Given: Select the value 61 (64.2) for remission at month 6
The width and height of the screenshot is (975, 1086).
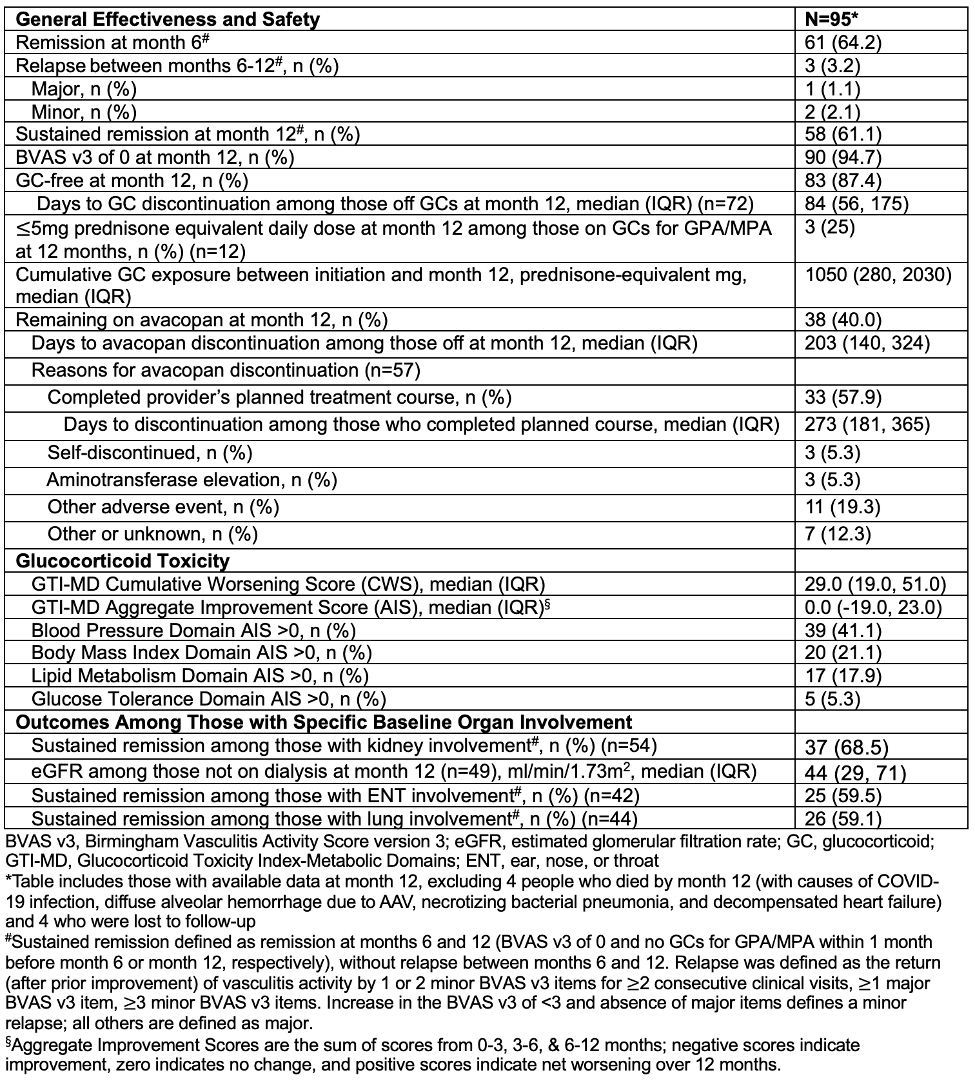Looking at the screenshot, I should (x=843, y=43).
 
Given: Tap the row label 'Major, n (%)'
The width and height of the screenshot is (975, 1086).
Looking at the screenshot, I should (x=84, y=89).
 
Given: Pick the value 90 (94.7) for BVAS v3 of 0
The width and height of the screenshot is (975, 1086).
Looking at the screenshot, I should (x=843, y=157).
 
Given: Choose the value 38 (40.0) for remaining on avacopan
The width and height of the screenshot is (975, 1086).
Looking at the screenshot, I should (x=843, y=320).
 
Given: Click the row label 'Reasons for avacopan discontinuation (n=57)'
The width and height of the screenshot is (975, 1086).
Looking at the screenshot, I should (x=226, y=370).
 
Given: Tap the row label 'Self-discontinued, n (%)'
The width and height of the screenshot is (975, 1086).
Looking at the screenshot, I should (x=150, y=453).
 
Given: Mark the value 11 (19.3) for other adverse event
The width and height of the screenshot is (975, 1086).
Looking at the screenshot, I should (x=843, y=507).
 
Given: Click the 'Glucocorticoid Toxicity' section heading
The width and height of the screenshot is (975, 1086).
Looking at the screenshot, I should (x=123, y=561).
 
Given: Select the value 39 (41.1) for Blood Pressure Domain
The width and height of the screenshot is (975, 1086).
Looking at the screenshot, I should (x=843, y=630).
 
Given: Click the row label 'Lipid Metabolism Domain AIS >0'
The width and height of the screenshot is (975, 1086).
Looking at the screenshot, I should (x=200, y=676).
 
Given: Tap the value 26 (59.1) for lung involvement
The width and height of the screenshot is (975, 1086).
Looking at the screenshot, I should (x=843, y=819).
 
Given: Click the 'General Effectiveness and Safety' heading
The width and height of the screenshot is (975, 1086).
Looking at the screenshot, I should (x=168, y=19).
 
